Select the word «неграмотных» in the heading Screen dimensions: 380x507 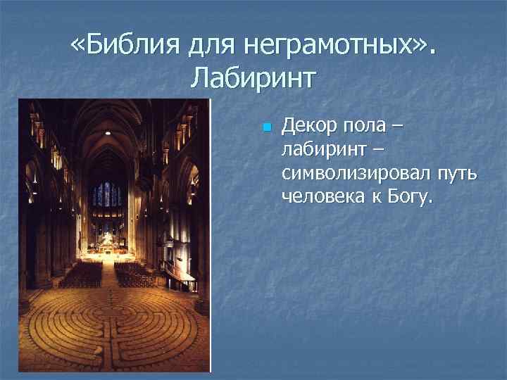click(x=329, y=46)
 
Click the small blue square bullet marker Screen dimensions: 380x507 click(x=265, y=128)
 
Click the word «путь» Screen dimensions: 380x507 click(x=456, y=174)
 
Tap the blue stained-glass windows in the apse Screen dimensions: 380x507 click(x=107, y=194)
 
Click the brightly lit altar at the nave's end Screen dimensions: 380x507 click(x=106, y=241)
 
